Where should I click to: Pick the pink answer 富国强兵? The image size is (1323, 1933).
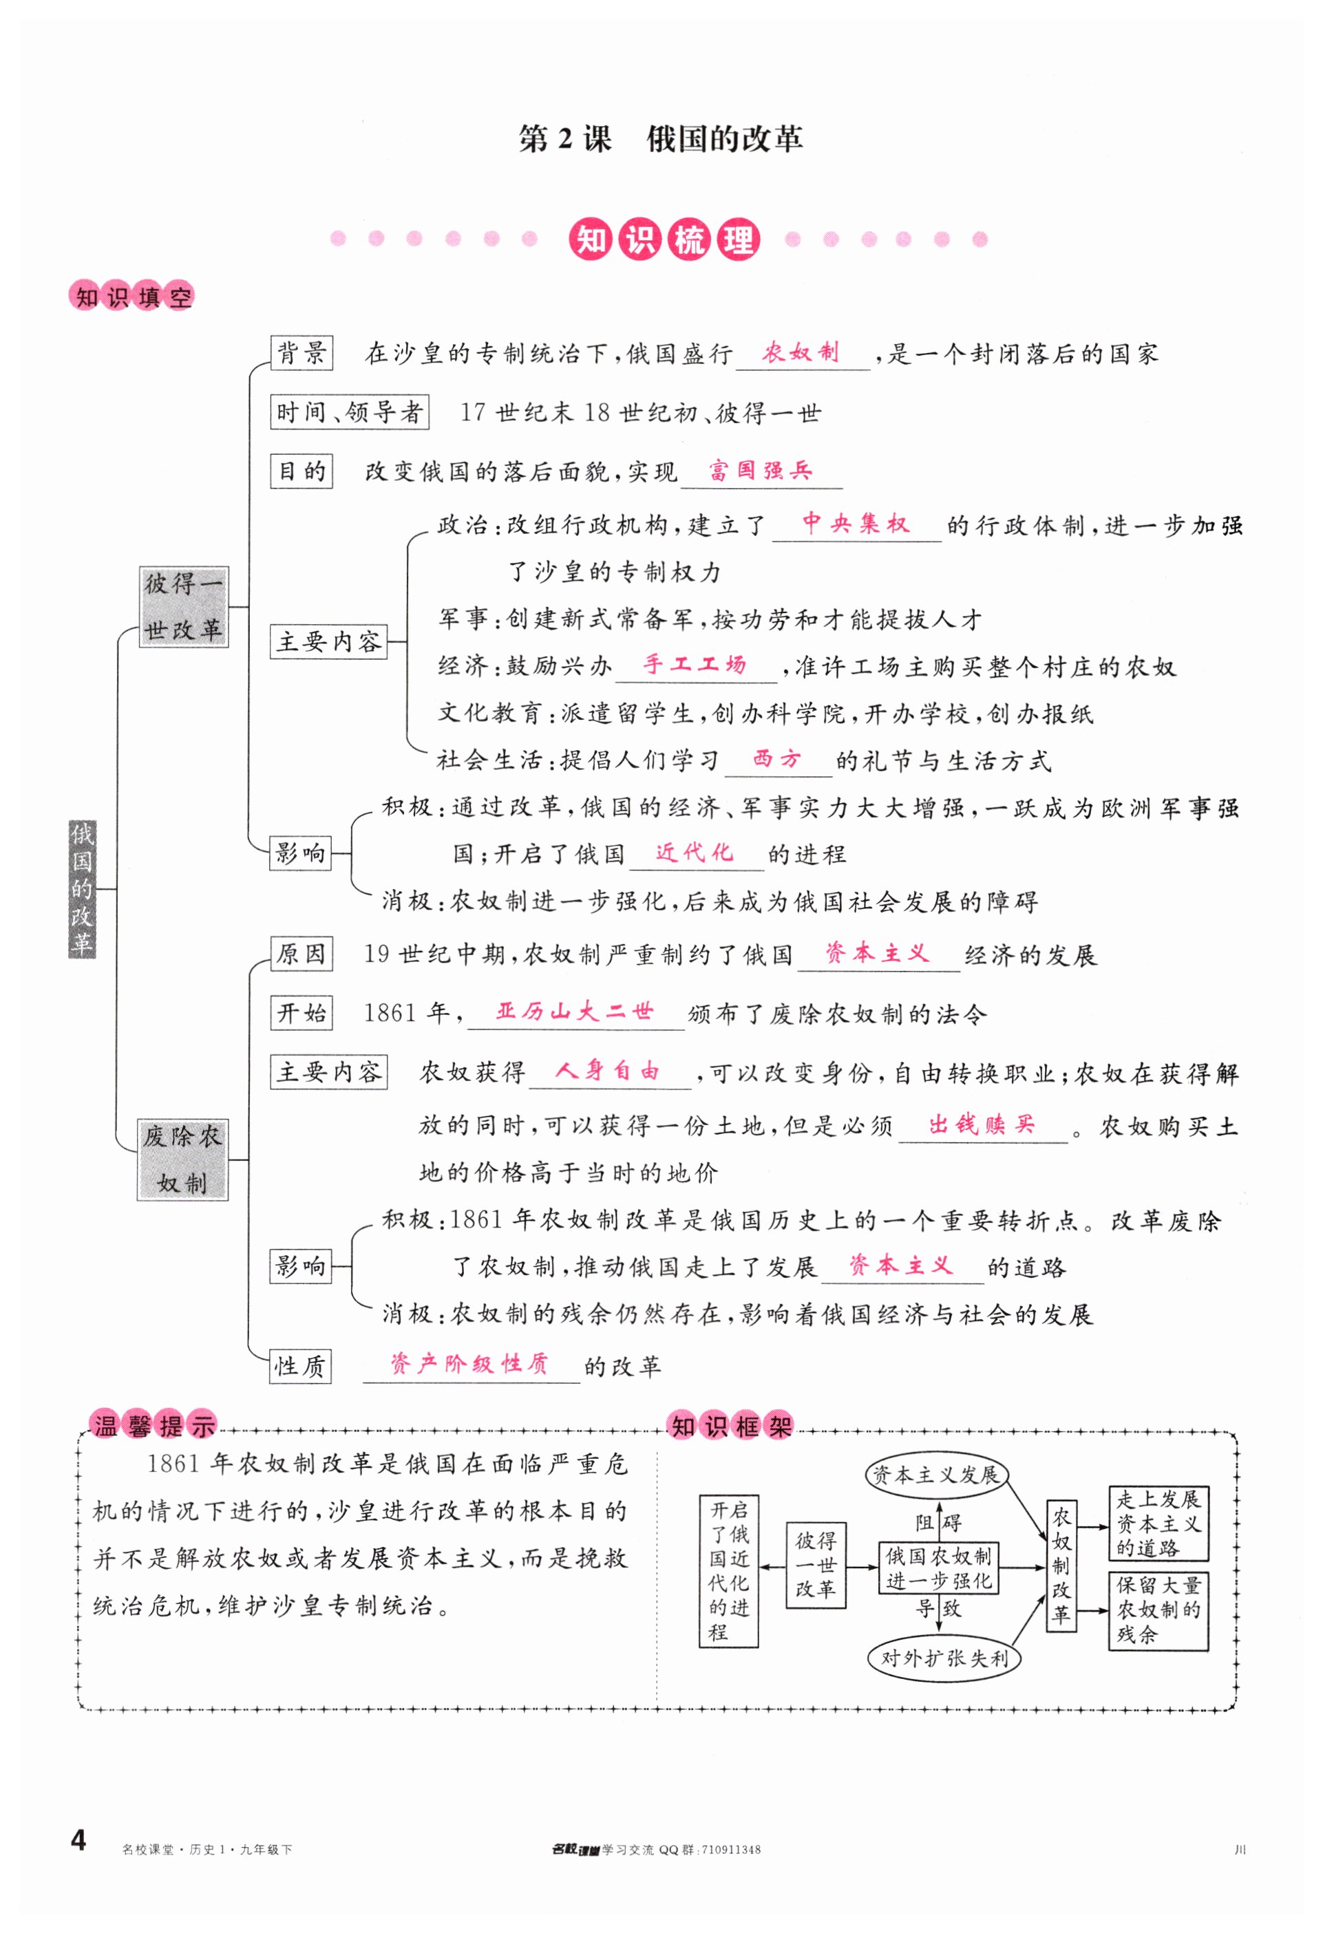click(760, 471)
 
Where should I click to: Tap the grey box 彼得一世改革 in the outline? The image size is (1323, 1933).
click(183, 607)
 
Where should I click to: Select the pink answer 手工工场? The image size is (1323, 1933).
click(694, 665)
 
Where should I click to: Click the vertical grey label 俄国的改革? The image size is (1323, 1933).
click(81, 889)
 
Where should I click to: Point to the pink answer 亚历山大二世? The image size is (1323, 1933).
click(574, 1012)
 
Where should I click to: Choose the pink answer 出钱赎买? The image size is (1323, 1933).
click(982, 1124)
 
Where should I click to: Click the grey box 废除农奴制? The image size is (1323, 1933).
click(182, 1160)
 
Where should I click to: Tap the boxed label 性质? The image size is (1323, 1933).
click(299, 1366)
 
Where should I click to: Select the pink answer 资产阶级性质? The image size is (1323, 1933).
click(469, 1364)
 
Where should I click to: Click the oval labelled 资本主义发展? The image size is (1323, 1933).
click(935, 1475)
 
